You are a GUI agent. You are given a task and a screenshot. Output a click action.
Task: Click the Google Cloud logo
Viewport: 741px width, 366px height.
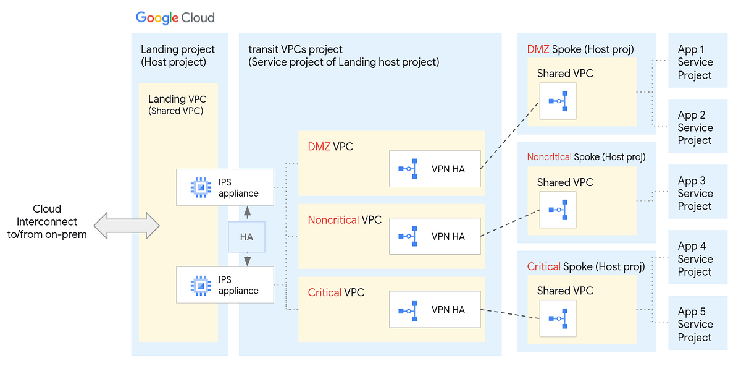point(175,17)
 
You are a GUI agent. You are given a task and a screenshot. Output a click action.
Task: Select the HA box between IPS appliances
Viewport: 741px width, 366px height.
point(246,237)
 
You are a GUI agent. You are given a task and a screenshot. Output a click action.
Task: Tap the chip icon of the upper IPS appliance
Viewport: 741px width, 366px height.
point(200,187)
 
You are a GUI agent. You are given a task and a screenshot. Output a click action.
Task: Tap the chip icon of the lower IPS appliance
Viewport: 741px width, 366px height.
point(200,284)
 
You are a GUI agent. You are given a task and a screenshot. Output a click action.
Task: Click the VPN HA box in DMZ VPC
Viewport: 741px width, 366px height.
point(435,169)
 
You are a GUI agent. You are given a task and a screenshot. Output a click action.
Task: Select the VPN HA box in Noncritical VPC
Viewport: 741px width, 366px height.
point(435,236)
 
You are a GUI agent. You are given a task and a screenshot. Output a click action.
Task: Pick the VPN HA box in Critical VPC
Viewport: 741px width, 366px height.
point(435,310)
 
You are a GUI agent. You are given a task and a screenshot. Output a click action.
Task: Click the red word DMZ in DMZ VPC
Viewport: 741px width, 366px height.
point(319,147)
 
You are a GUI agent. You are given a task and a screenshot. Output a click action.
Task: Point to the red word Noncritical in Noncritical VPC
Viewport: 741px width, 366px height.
point(333,219)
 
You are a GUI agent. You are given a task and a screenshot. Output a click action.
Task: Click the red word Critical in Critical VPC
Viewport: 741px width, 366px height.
point(324,292)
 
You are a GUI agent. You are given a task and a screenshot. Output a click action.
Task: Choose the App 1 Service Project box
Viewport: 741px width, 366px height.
point(698,62)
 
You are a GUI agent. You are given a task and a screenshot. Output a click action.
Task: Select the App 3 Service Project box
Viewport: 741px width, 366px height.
point(698,194)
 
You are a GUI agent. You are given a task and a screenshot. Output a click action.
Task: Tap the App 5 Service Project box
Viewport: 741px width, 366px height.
point(698,325)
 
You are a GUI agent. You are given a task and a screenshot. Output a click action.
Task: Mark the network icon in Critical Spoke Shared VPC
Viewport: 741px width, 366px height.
point(558,318)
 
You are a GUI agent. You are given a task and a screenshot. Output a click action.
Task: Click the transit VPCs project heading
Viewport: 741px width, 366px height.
point(343,55)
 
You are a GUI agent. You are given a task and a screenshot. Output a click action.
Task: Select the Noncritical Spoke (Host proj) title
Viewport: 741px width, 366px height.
point(586,157)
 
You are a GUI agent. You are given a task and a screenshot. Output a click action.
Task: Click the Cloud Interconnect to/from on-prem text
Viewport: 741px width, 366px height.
point(47,221)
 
